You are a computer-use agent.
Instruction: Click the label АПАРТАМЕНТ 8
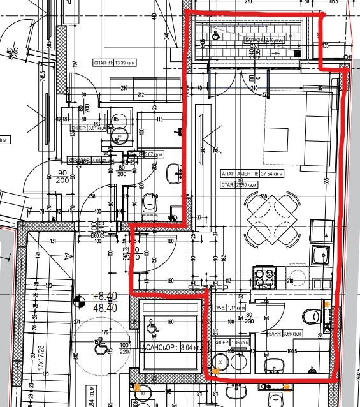coord(238,173)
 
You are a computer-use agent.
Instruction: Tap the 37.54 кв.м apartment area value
coord(272,173)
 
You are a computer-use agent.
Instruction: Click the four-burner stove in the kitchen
coord(264,276)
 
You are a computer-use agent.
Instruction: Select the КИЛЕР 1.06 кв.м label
coord(228,342)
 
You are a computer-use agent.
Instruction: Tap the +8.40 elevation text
coord(104,296)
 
